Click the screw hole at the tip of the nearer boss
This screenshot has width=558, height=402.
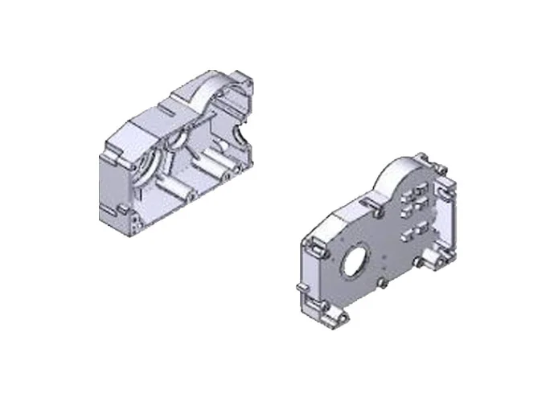click(192, 195)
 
